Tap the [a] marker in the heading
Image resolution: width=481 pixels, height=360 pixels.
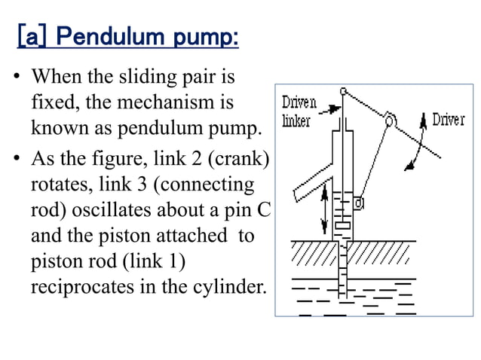pyautogui.click(x=32, y=37)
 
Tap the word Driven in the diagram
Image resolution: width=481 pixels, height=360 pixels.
pyautogui.click(x=299, y=103)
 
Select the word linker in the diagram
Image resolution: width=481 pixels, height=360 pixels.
pyautogui.click(x=297, y=121)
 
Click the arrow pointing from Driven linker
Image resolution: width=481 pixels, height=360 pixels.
pyautogui.click(x=329, y=111)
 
